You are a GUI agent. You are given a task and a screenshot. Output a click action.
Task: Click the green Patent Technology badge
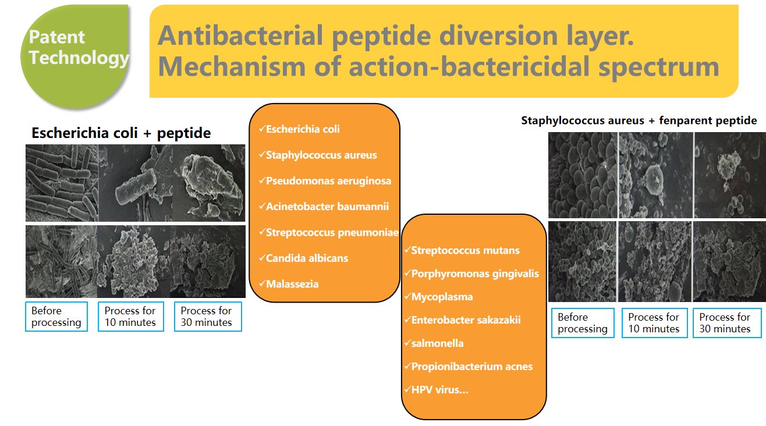75,56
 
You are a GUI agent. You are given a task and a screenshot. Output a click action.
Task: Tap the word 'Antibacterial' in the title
240,35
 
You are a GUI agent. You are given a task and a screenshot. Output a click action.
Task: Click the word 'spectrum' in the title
659,67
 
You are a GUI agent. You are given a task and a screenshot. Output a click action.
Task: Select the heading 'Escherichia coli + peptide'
121,133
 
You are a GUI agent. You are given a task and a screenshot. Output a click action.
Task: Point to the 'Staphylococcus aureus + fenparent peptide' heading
639,120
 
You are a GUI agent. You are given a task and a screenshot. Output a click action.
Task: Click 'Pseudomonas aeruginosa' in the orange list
328,181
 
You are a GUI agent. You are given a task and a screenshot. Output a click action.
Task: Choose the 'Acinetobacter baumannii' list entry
327,207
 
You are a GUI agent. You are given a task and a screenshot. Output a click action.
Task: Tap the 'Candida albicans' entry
307,258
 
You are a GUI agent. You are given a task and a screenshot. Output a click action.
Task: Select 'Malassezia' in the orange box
292,284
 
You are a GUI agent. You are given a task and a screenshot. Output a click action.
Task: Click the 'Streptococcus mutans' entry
465,250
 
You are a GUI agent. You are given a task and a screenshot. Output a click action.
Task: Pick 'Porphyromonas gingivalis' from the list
474,274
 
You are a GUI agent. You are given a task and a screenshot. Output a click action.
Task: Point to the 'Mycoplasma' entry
442,297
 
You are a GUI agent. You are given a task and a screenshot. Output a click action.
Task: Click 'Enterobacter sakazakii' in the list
466,320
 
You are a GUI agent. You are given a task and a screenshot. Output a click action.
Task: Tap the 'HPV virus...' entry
440,390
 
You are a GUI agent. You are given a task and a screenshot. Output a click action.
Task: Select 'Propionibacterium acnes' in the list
472,367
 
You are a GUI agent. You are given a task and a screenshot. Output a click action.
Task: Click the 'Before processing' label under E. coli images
56,317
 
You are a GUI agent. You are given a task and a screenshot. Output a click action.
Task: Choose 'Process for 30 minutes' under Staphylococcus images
727,323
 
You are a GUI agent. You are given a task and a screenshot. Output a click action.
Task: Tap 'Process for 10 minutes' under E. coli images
130,317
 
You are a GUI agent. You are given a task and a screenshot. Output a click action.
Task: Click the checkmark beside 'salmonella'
407,342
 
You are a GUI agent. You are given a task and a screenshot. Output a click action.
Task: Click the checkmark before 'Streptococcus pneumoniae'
262,232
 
